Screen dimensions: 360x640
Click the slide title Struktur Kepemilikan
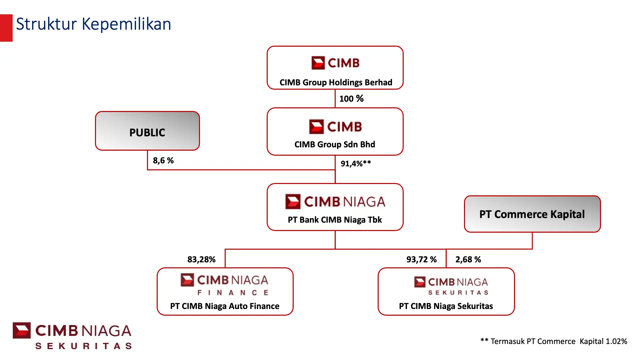tap(93, 24)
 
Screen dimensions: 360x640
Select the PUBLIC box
tap(147, 131)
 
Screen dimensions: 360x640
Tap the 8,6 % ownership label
tap(163, 161)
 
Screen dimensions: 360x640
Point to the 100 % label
tap(351, 99)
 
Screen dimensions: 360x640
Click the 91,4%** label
tap(355, 164)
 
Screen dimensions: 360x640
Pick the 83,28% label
tap(201, 259)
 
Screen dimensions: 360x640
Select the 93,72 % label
tap(421, 259)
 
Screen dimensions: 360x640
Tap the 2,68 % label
tap(468, 259)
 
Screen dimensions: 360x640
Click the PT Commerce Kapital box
tap(532, 214)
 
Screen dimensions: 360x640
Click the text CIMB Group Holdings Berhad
tap(336, 82)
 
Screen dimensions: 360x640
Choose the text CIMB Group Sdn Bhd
tap(335, 144)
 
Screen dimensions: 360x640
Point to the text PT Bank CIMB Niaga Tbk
tap(335, 220)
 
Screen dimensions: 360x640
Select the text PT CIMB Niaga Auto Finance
tap(225, 306)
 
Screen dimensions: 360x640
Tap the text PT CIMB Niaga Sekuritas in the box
tap(446, 306)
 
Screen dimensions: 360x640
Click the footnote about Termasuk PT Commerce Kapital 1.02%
tap(553, 341)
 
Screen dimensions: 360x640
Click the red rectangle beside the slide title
tap(6, 28)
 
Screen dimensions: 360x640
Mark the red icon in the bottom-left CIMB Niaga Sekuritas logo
tap(22, 330)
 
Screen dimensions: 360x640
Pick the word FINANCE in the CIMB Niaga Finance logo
tap(233, 293)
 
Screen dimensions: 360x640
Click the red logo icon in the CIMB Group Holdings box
tap(318, 63)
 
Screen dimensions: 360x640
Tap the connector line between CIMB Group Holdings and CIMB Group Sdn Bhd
tap(335, 99)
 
